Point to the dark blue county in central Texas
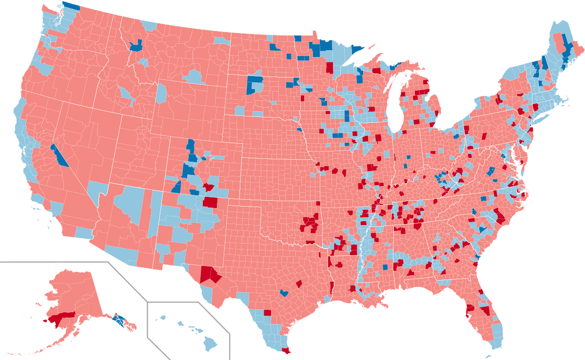(x=284, y=293)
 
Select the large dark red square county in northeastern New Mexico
(x=211, y=201)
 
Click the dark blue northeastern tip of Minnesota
(x=358, y=50)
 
